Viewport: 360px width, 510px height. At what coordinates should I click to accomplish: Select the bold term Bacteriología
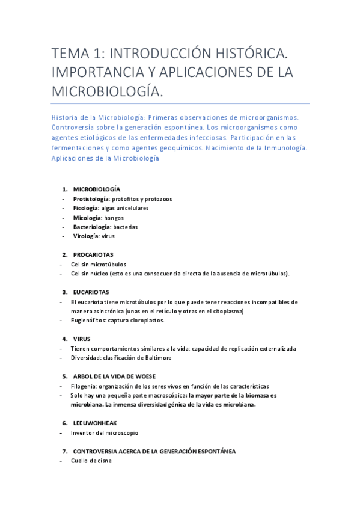click(x=91, y=227)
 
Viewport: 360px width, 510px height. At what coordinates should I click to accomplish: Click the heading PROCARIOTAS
click(x=93, y=255)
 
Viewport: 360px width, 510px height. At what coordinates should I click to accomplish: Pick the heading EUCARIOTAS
click(x=91, y=292)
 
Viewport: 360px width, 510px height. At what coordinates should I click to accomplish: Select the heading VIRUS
click(x=82, y=339)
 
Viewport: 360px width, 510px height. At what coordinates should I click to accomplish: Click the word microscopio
click(x=122, y=432)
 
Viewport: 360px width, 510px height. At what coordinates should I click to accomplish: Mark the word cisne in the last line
click(x=103, y=461)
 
